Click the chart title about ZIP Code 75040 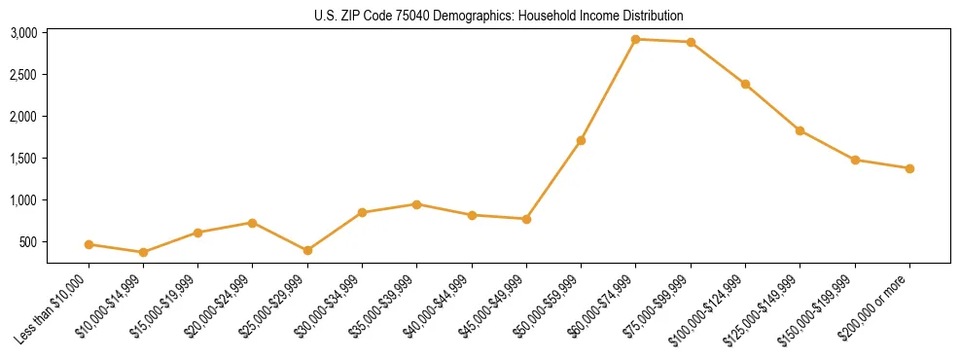click(x=499, y=16)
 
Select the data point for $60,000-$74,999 click(x=635, y=39)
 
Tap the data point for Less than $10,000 click(x=89, y=244)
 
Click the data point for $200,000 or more click(x=909, y=168)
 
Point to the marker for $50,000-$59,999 click(x=581, y=140)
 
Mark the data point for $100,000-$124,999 click(x=745, y=84)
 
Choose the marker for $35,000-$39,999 click(x=416, y=204)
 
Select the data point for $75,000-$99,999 click(x=691, y=42)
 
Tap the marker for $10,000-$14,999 click(x=143, y=252)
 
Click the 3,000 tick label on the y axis click(x=23, y=33)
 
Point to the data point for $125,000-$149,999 click(x=800, y=130)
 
